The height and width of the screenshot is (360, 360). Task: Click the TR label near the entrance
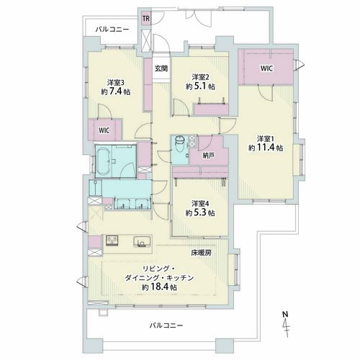pyautogui.click(x=146, y=18)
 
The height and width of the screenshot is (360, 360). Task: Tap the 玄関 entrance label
pyautogui.click(x=161, y=68)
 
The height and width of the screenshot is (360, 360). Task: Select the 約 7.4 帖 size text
pyautogui.click(x=116, y=91)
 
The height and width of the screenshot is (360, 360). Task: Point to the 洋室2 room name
pyautogui.click(x=200, y=77)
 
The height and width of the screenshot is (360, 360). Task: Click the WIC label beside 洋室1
pyautogui.click(x=266, y=68)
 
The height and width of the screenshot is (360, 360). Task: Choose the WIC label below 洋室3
pyautogui.click(x=104, y=130)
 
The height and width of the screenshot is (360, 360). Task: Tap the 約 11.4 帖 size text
pyautogui.click(x=266, y=148)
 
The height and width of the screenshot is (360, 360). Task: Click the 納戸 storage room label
pyautogui.click(x=208, y=156)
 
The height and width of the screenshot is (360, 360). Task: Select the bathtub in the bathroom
pyautogui.click(x=104, y=161)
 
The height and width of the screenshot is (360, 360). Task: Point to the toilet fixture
pyautogui.click(x=179, y=144)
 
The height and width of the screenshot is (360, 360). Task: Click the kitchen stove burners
pyautogui.click(x=112, y=240)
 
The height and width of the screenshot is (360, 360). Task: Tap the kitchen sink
pyautogui.click(x=142, y=242)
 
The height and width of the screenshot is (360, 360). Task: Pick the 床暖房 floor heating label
pyautogui.click(x=202, y=253)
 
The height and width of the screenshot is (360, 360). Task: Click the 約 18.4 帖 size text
pyautogui.click(x=160, y=287)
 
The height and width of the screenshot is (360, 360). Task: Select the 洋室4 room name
pyautogui.click(x=200, y=204)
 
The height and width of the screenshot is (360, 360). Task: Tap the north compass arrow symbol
pyautogui.click(x=286, y=328)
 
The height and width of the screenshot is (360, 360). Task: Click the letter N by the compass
pyautogui.click(x=285, y=314)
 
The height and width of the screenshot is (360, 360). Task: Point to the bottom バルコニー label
pyautogui.click(x=166, y=325)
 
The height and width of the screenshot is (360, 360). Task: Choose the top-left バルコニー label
pyautogui.click(x=112, y=30)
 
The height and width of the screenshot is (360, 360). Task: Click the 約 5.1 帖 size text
pyautogui.click(x=200, y=86)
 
